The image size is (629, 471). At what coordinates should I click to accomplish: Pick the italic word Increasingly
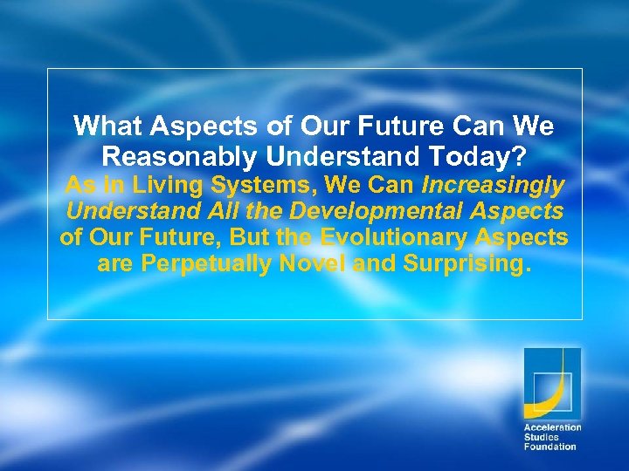pos(493,185)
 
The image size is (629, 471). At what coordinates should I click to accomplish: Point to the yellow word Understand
pos(122,211)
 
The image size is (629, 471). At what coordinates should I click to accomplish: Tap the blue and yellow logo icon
pos(551,383)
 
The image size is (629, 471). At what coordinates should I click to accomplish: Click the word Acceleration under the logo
pos(552,427)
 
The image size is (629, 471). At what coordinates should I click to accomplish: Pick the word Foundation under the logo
pos(550,447)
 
